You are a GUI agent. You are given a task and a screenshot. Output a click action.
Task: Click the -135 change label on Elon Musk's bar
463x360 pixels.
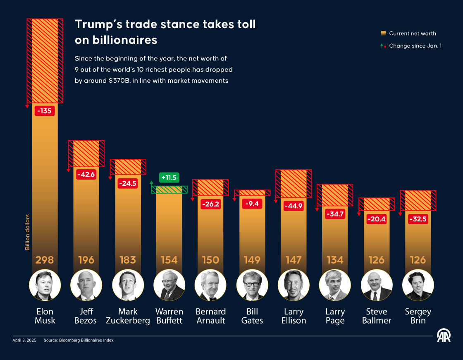pyautogui.click(x=45, y=111)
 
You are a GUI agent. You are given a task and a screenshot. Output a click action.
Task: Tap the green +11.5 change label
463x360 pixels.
pyautogui.click(x=169, y=178)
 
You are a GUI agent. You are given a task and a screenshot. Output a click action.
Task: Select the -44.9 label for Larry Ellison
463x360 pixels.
pyautogui.click(x=294, y=206)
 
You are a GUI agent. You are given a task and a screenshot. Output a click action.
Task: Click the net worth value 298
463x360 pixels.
pyautogui.click(x=45, y=260)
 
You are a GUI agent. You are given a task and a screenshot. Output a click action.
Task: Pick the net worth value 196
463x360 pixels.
pyautogui.click(x=86, y=260)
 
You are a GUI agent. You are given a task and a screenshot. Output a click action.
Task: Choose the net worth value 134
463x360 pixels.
pyautogui.click(x=335, y=260)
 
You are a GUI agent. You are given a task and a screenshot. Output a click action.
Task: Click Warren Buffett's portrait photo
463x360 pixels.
pyautogui.click(x=169, y=285)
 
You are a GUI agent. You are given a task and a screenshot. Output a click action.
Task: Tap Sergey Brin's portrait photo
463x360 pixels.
pyautogui.click(x=418, y=285)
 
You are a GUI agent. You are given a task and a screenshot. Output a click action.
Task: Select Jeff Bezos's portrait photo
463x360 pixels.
pyautogui.click(x=86, y=285)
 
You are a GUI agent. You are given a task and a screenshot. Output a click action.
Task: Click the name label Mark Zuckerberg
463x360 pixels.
pyautogui.click(x=128, y=316)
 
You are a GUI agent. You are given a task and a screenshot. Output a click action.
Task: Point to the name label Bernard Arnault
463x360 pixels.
pyautogui.click(x=211, y=316)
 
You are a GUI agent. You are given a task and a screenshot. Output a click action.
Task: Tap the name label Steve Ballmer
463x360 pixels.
pyautogui.click(x=377, y=316)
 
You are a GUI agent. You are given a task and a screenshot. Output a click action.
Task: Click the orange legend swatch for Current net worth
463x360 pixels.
pyautogui.click(x=383, y=34)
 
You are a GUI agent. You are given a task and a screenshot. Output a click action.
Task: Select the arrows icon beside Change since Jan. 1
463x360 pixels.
pyautogui.click(x=383, y=46)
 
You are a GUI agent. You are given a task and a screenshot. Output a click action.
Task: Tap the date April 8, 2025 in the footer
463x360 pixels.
pyautogui.click(x=24, y=340)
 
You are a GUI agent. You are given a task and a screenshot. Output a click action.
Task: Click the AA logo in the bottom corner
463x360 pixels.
pyautogui.click(x=444, y=335)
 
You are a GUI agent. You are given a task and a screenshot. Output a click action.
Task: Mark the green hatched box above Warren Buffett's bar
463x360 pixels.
pyautogui.click(x=169, y=190)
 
